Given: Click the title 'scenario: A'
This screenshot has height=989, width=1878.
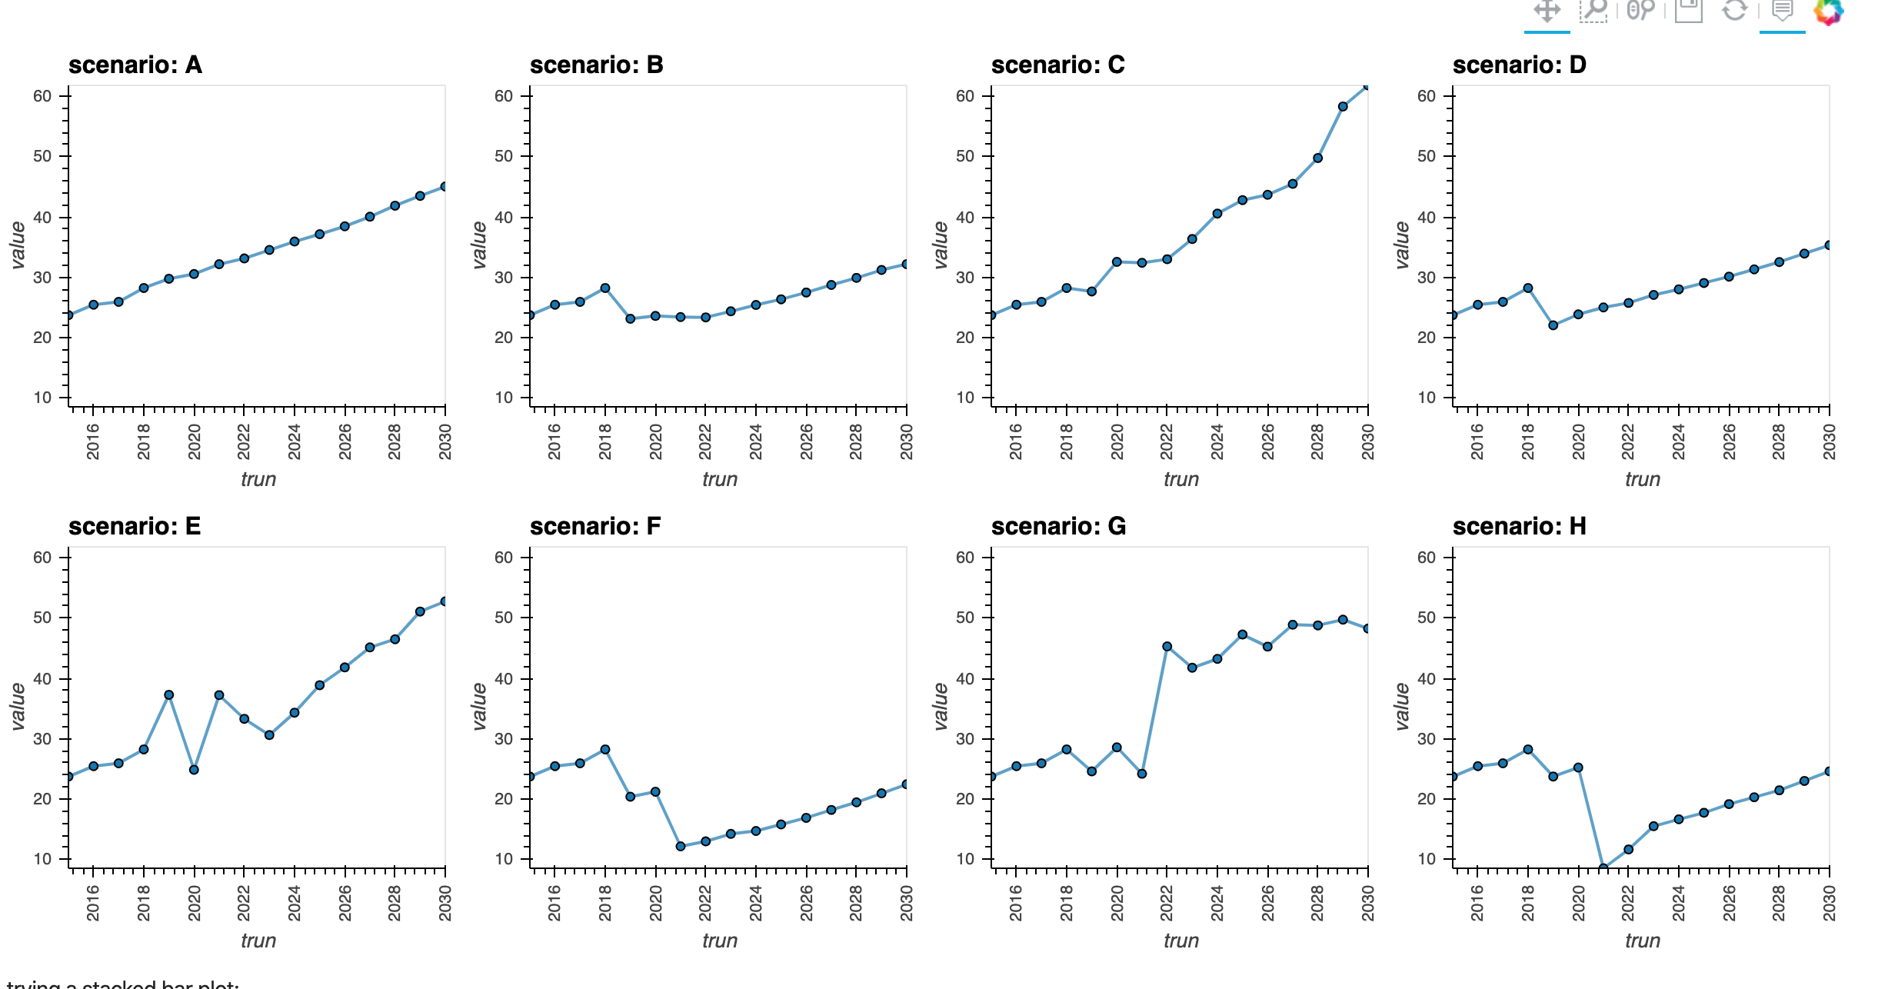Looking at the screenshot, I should (x=135, y=65).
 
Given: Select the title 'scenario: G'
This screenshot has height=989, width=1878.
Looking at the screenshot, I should (x=1058, y=527).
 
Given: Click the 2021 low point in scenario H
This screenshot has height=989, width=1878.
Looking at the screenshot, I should (x=1603, y=867).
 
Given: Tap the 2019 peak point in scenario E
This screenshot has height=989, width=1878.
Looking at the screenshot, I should (x=169, y=695).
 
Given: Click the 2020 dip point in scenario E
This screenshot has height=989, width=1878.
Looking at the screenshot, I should (x=194, y=770).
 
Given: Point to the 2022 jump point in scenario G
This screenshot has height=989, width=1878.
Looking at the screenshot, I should (x=1167, y=647).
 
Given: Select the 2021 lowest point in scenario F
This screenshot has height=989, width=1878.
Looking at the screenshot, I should (x=681, y=846).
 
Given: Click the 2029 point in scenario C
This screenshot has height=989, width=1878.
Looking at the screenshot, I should (x=1343, y=107).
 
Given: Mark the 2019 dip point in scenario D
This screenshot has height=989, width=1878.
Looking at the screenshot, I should (x=1553, y=325).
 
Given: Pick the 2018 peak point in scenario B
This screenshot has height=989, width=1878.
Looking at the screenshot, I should (x=605, y=288).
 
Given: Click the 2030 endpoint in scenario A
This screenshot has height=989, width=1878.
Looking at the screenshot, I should (x=445, y=187).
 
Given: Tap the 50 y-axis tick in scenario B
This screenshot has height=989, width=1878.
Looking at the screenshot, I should (x=504, y=156).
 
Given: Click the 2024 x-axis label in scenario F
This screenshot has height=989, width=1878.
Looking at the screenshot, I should (x=756, y=903).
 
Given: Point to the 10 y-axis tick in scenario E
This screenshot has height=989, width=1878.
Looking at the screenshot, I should (x=42, y=859).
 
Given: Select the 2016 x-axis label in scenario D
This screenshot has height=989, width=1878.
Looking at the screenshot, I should (x=1477, y=441).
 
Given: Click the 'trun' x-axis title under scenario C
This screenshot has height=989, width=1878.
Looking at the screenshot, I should (x=1180, y=479).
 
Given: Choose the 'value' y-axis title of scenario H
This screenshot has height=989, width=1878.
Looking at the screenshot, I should (x=1402, y=706).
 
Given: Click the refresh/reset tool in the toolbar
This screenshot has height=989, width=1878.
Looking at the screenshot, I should (x=1734, y=11).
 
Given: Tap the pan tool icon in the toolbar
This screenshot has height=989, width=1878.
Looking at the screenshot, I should (x=1547, y=11).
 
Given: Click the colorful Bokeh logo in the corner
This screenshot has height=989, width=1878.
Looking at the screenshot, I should (x=1829, y=11).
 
